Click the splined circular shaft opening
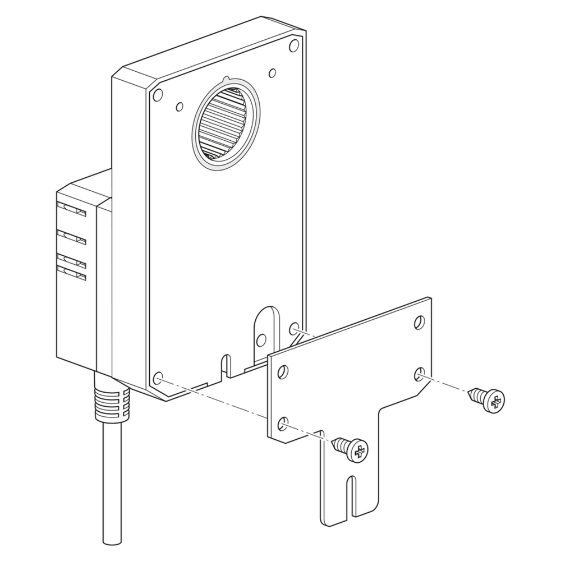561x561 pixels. click(226, 124)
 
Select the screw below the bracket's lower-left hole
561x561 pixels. click(351, 449)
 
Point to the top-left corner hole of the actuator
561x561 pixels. click(158, 94)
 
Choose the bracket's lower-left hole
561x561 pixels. click(283, 424)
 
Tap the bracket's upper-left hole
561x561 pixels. click(283, 372)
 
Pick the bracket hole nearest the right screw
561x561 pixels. click(420, 373)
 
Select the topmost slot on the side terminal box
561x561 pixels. click(71, 210)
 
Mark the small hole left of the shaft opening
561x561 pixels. click(180, 105)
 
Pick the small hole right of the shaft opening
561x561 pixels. click(272, 73)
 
